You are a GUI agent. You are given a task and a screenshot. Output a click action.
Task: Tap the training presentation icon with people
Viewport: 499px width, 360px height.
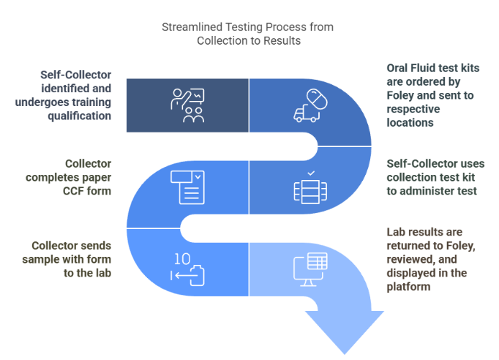[x=187, y=104]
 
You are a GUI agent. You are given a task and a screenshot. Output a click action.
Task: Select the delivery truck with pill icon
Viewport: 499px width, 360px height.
[x=309, y=104]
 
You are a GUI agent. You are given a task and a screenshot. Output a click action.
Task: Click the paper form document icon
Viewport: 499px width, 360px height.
[x=187, y=187]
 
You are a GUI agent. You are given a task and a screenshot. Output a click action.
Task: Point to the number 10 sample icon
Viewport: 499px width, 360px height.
[x=187, y=269]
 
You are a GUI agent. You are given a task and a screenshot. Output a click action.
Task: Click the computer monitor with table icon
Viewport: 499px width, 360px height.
[x=310, y=269]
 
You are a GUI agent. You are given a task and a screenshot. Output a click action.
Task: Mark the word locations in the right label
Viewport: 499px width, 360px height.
[x=410, y=122]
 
